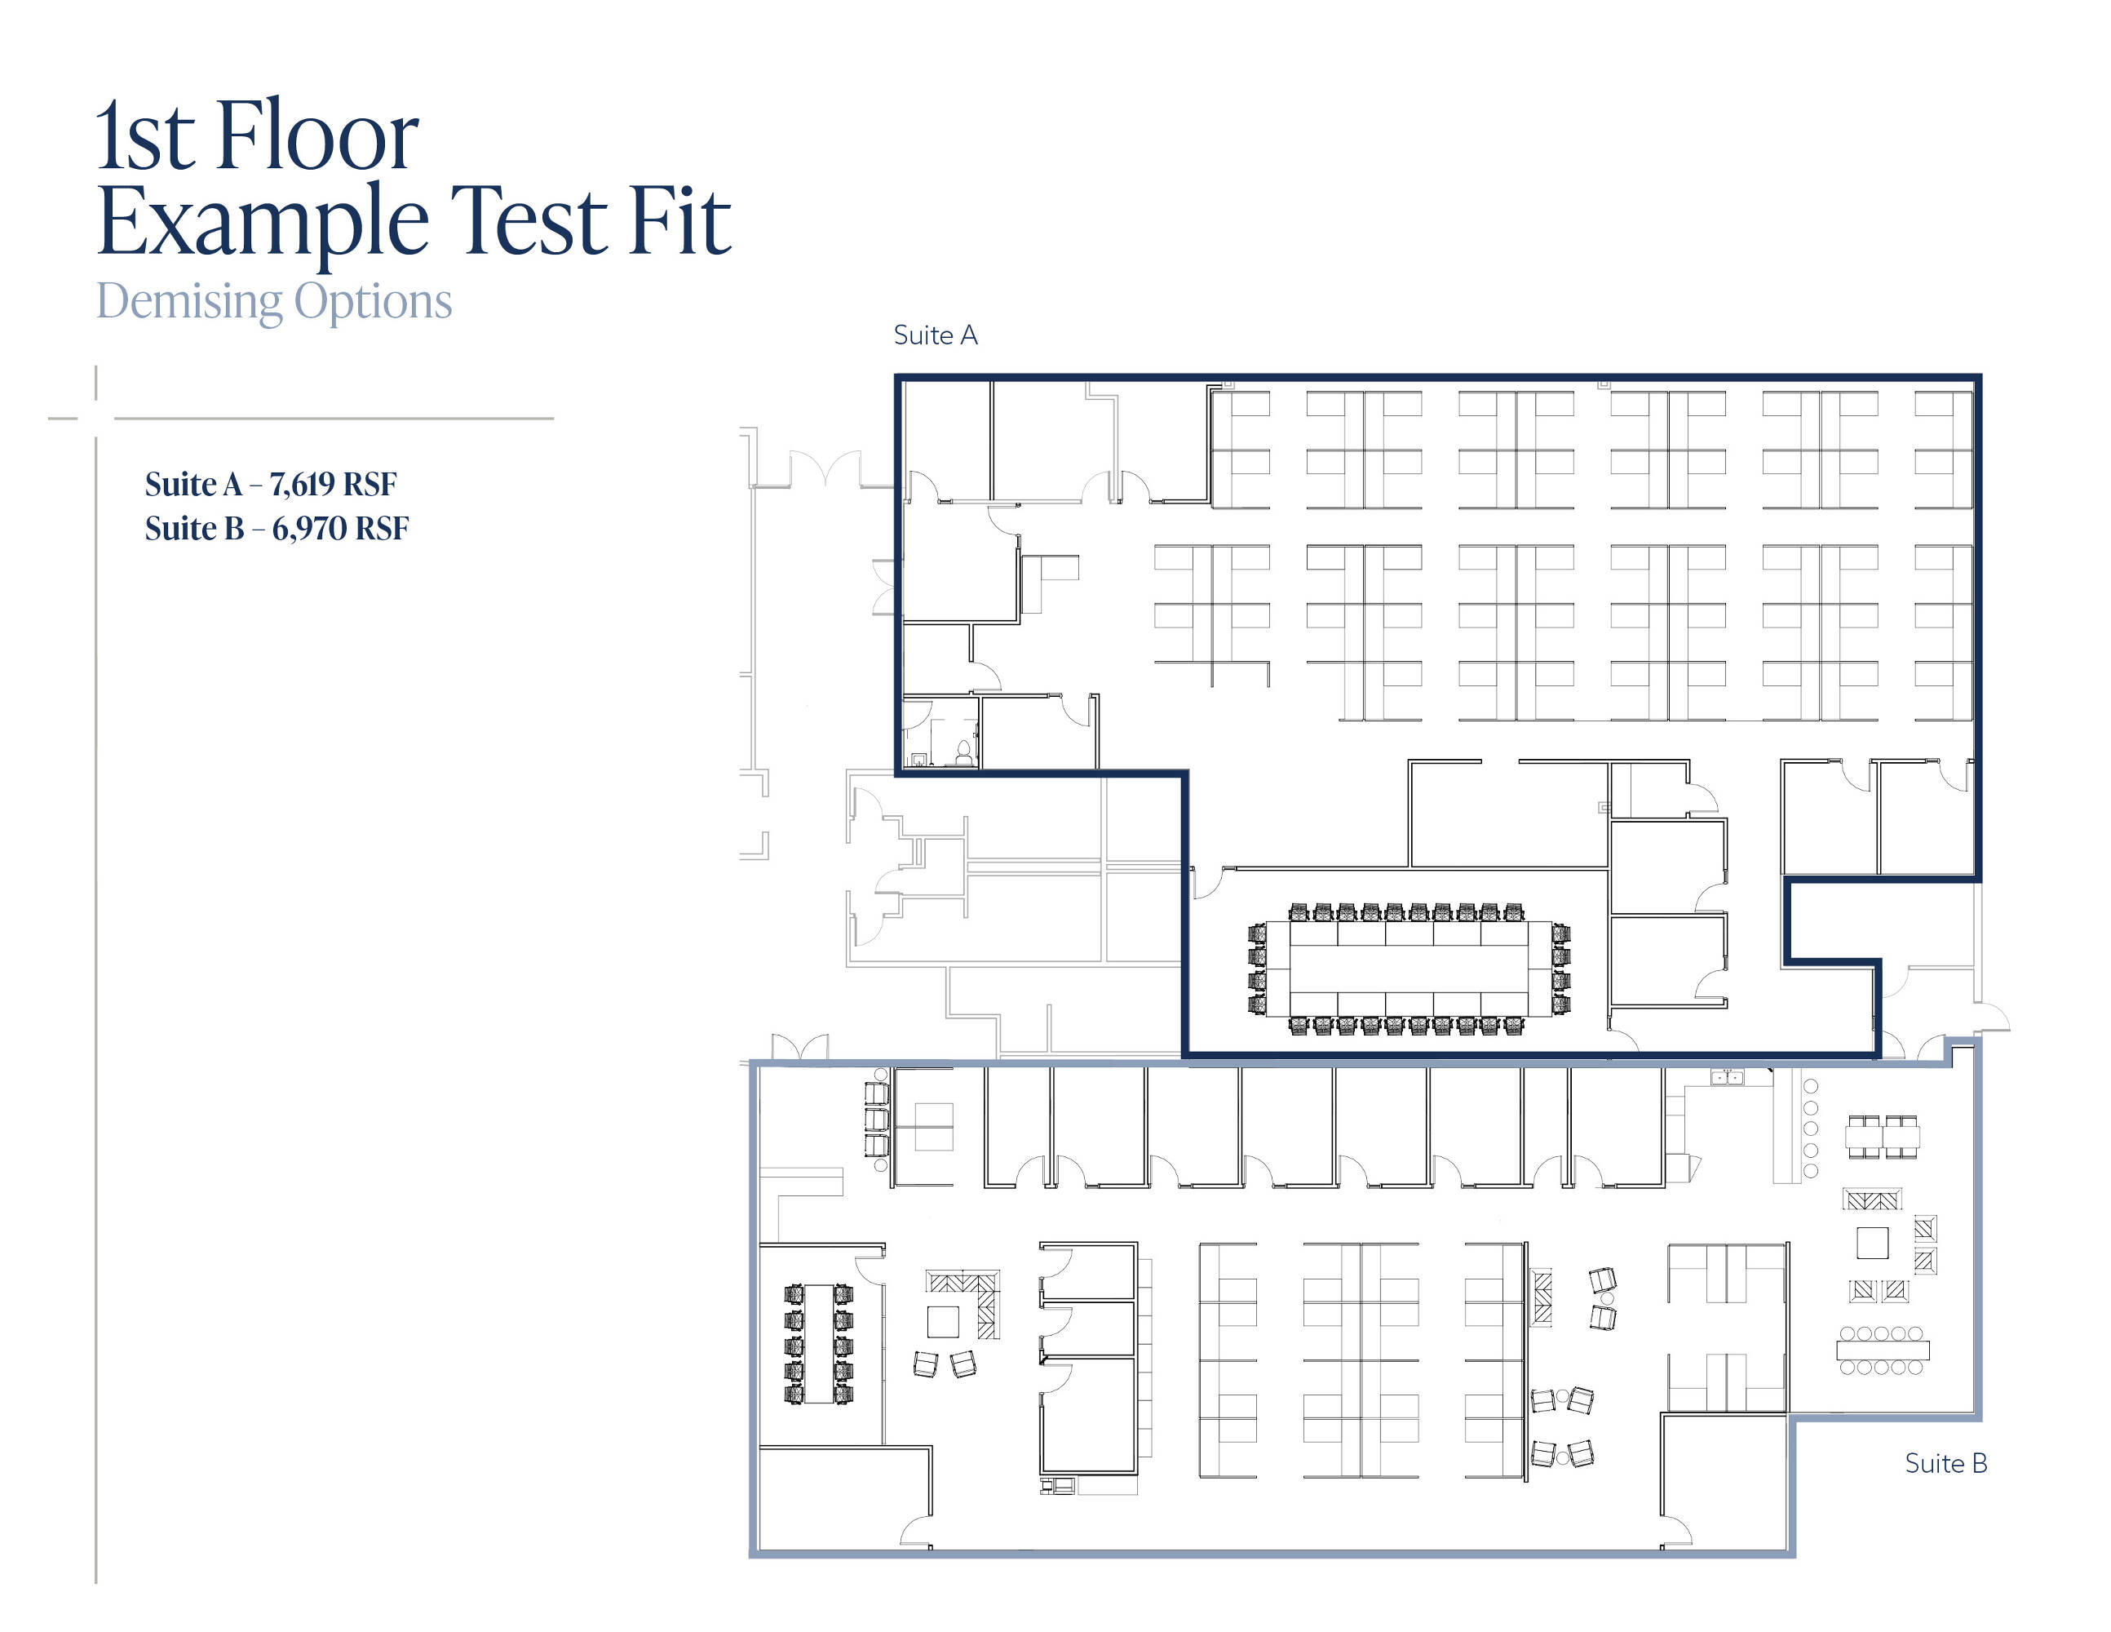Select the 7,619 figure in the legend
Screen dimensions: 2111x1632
click(x=303, y=483)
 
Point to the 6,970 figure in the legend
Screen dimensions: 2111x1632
click(x=309, y=528)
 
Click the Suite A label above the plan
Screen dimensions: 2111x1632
click(x=936, y=335)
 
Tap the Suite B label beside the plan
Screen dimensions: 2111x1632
click(x=1945, y=1463)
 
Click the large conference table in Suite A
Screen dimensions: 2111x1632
click(x=1409, y=968)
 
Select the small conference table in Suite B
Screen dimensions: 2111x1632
click(x=819, y=1343)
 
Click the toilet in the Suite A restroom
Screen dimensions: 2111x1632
click(x=963, y=752)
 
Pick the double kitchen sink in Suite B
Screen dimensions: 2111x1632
click(x=1728, y=1077)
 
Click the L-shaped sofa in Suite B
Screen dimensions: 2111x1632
click(x=971, y=1296)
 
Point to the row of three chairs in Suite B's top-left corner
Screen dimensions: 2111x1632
click(x=877, y=1120)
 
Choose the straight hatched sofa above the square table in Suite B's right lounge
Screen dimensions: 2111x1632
click(x=1872, y=1200)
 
